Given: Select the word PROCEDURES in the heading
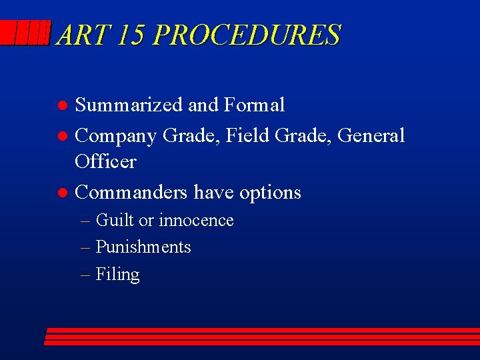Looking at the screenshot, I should pyautogui.click(x=247, y=35).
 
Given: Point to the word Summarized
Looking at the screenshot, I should pyautogui.click(x=129, y=105).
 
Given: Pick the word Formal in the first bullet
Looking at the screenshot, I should pyautogui.click(x=255, y=105).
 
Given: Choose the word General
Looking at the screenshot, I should pyautogui.click(x=371, y=135).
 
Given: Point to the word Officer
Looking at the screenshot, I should pyautogui.click(x=105, y=161).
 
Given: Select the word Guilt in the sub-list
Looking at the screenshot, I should pyautogui.click(x=115, y=220).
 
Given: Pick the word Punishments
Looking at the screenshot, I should pyautogui.click(x=143, y=247).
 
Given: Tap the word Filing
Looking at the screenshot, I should pyautogui.click(x=117, y=275).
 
